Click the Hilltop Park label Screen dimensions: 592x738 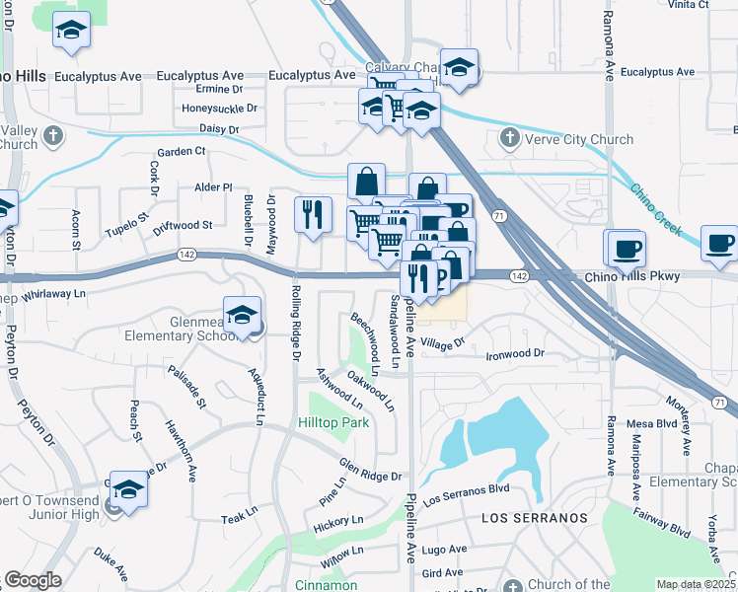point(333,422)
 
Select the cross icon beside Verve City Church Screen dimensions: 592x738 point(510,138)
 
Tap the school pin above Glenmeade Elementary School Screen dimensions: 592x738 point(242,316)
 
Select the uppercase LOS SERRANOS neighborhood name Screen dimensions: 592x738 point(534,518)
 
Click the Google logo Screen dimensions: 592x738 point(33,580)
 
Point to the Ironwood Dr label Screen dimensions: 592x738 point(515,353)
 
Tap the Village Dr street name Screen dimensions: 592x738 point(441,343)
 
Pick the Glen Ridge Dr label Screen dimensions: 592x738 point(370,471)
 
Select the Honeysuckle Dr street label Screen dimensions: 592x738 point(219,109)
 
